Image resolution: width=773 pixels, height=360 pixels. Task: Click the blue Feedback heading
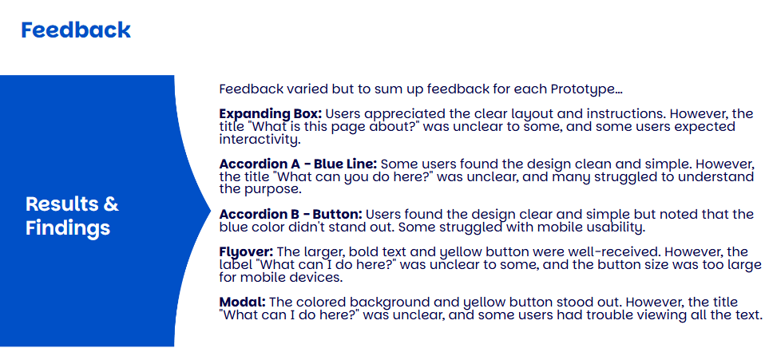pos(76,30)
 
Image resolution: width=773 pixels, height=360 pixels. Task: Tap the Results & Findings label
pos(72,216)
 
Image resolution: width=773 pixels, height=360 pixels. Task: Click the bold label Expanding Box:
pos(270,114)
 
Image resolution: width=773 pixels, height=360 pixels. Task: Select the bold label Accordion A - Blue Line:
pos(298,164)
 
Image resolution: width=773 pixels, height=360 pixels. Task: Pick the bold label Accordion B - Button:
pos(291,215)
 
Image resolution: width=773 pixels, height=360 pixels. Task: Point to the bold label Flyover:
pos(246,253)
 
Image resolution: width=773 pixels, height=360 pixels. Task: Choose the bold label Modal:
pos(243,302)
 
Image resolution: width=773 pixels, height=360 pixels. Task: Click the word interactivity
pos(259,140)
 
